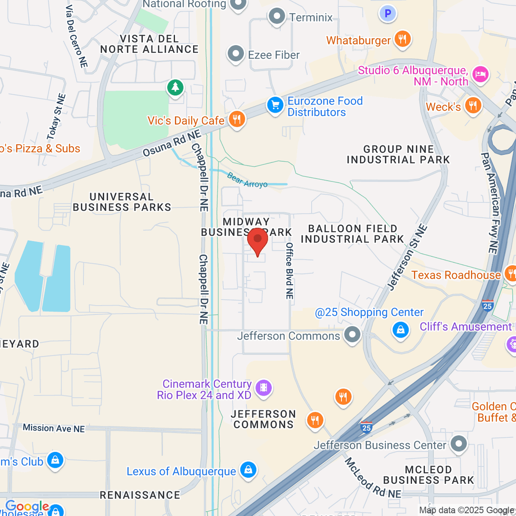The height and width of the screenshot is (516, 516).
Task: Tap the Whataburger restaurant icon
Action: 402,40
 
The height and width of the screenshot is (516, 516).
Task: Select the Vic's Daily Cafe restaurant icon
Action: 236,119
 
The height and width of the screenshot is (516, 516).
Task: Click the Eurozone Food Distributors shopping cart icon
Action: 275,104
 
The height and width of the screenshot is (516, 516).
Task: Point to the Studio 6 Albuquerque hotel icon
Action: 480,74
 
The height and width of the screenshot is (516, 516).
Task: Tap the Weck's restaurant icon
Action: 473,105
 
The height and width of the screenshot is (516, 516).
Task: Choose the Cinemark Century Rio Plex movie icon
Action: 264,387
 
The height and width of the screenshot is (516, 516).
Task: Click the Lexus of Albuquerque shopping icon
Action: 248,470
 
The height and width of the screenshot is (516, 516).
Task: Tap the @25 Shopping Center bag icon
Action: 400,330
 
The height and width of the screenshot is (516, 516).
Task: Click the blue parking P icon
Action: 387,14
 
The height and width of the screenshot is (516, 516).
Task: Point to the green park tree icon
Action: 175,87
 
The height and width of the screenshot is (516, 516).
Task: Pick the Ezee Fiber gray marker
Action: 235,54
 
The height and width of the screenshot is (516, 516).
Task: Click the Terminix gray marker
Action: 276,17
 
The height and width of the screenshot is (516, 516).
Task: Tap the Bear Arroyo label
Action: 247,181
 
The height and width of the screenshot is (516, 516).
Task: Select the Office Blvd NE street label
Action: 289,270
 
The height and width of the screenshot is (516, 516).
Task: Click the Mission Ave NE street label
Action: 54,428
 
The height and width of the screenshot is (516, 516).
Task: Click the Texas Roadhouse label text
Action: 456,275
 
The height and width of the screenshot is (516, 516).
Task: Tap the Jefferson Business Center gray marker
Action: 459,444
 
